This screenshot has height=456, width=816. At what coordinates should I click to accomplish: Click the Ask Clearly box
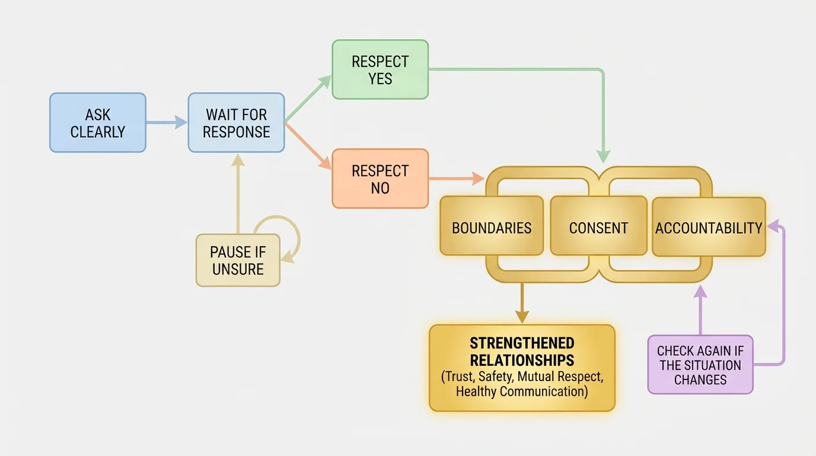(98, 123)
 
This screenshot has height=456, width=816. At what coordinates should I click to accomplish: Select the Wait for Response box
(236, 123)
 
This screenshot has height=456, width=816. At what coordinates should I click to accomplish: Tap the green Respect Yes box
(380, 69)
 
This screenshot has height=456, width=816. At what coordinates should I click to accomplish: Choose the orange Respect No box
(380, 179)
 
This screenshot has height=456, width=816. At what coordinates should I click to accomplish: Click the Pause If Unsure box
(238, 261)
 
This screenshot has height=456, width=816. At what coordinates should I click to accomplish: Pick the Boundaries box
(492, 227)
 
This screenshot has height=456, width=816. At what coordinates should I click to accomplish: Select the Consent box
(598, 227)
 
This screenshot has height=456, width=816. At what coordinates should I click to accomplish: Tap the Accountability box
(709, 227)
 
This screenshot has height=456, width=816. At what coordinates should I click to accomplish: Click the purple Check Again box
(700, 365)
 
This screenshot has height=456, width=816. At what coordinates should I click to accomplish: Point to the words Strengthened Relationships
(522, 351)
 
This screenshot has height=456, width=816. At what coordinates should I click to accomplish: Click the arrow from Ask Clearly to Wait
(166, 123)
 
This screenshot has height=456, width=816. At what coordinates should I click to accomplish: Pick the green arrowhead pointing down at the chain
(603, 157)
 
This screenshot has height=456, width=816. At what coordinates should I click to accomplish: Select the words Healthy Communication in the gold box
(522, 391)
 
